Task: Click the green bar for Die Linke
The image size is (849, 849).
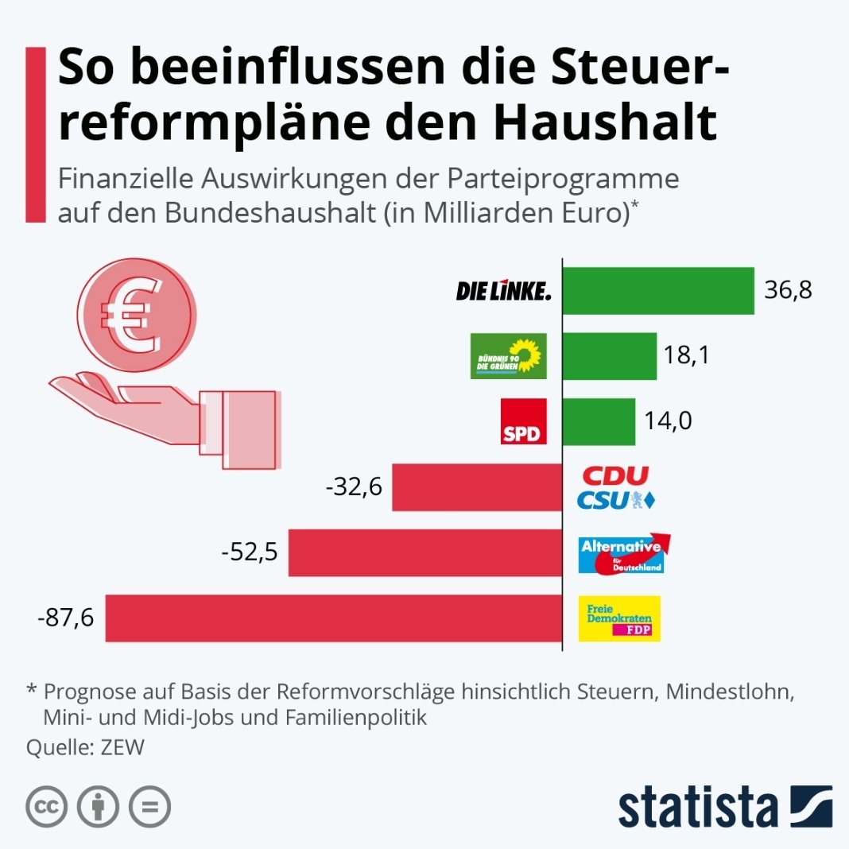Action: [x=658, y=291]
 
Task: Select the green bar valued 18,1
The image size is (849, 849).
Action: [x=610, y=356]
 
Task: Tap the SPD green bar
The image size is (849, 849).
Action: [x=599, y=421]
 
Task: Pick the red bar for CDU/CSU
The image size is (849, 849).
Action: [x=477, y=487]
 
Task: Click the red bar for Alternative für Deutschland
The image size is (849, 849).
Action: [x=424, y=552]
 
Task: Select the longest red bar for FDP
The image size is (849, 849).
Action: [x=333, y=618]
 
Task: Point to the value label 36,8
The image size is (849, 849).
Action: [x=788, y=291]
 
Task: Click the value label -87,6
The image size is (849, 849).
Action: [x=71, y=617]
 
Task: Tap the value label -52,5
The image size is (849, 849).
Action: [x=250, y=552]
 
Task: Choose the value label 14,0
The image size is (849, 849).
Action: [x=669, y=421]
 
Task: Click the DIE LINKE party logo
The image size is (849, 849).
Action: [x=503, y=292]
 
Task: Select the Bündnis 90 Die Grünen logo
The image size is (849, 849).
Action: [x=509, y=356]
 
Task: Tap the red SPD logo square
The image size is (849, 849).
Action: [x=524, y=421]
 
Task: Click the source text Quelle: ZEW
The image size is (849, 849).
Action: [x=86, y=748]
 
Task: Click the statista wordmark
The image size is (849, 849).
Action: [x=698, y=808]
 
